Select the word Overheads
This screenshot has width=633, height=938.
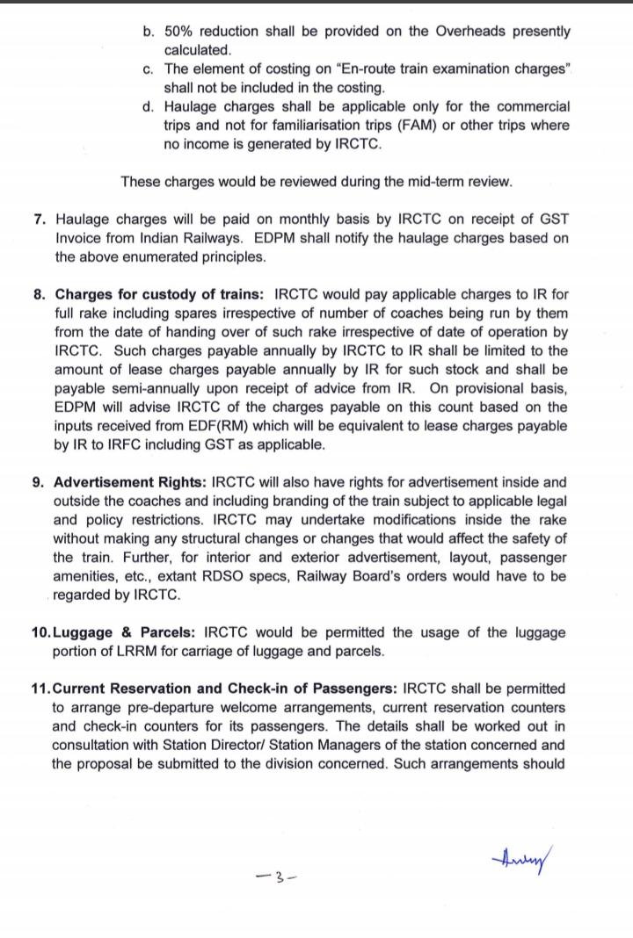click(449, 32)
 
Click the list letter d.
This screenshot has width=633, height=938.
click(148, 107)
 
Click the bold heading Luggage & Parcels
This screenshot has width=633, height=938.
click(127, 632)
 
